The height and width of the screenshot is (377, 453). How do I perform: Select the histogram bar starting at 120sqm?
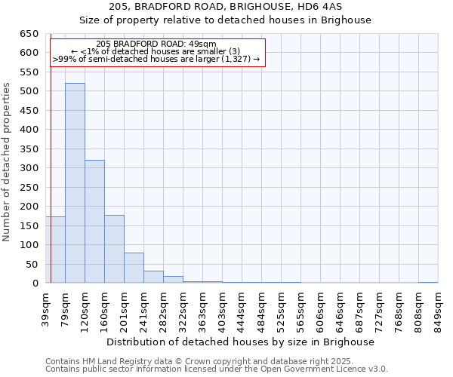coord(94,222)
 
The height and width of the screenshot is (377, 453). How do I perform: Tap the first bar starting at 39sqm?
coord(55,250)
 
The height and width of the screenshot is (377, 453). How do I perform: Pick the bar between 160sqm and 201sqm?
coord(114,249)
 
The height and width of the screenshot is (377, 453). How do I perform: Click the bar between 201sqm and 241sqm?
coord(134,268)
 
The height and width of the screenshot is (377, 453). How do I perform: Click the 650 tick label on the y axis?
coord(29,34)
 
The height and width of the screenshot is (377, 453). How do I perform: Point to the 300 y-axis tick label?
coord(29,168)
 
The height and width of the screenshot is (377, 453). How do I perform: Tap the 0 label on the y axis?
coord(35,284)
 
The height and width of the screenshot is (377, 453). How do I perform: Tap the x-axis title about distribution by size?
coord(241,342)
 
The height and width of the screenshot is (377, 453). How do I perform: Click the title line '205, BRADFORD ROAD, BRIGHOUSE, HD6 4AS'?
coord(226,7)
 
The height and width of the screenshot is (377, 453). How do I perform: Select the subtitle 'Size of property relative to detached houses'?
coord(226,20)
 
